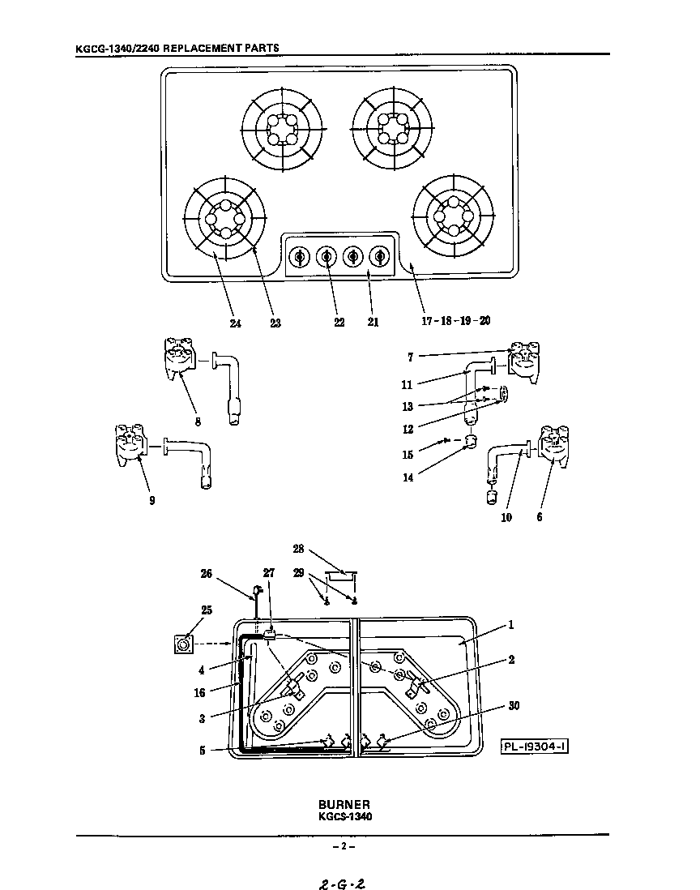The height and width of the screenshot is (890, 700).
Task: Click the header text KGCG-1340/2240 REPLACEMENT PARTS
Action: click(177, 48)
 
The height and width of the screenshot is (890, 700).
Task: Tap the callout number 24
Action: click(234, 322)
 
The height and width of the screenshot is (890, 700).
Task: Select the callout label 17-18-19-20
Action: click(455, 321)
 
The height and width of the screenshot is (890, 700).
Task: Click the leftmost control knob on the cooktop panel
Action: click(299, 257)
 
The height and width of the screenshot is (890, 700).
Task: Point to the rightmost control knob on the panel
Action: click(379, 257)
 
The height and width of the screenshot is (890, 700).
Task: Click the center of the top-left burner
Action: click(283, 130)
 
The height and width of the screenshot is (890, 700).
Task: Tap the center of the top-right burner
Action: click(392, 128)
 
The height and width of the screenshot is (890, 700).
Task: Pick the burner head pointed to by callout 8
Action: click(179, 357)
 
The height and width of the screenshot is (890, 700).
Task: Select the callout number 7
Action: click(411, 357)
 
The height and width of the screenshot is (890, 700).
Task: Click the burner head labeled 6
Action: click(554, 449)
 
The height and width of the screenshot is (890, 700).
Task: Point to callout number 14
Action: click(408, 477)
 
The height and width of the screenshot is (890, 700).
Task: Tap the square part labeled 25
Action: click(185, 645)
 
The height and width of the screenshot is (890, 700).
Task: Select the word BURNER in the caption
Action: click(344, 805)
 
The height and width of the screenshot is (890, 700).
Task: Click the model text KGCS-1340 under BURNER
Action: click(344, 817)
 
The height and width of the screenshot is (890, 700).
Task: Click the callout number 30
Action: click(514, 706)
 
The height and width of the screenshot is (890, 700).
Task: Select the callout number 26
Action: click(207, 575)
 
